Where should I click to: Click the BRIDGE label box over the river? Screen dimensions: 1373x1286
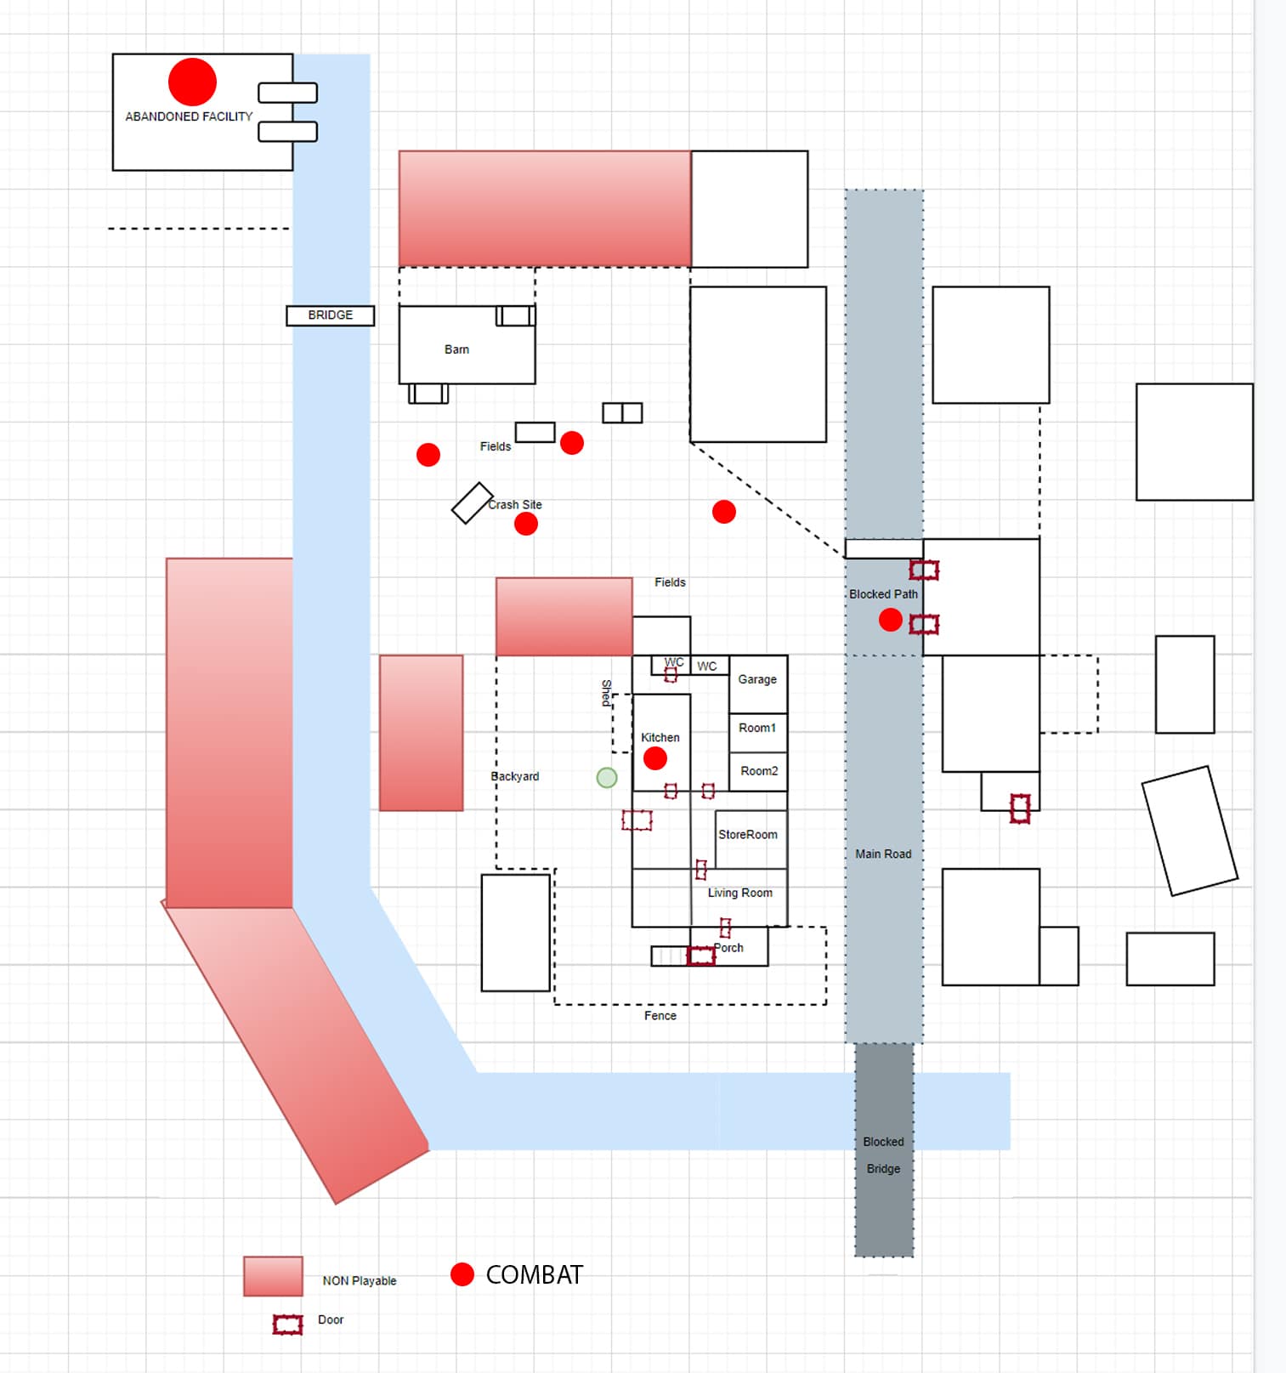coord(330,315)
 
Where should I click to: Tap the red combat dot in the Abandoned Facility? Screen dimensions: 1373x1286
coord(192,82)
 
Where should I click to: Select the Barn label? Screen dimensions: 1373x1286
coord(456,349)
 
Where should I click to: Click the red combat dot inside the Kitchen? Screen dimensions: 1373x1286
coord(654,758)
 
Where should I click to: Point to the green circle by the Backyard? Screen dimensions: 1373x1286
coord(607,777)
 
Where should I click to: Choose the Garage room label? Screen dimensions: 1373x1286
coord(757,679)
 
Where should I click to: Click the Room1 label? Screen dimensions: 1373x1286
coord(757,728)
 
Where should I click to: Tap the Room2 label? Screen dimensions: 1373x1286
coord(759,771)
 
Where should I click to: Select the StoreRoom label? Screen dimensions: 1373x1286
coord(748,835)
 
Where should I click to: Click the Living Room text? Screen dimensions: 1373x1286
coord(740,893)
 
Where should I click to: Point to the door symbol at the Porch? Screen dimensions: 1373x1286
coord(701,956)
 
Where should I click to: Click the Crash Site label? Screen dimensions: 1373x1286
coord(515,504)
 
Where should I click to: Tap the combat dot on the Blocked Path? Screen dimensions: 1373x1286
coord(890,620)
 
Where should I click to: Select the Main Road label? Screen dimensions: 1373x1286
coord(883,854)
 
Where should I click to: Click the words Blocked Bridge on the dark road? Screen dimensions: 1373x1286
coord(883,1155)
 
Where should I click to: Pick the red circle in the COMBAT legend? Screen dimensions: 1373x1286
coord(462,1274)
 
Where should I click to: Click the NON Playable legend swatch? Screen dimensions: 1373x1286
coord(273,1276)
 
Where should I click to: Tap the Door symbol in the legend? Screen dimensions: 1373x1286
coord(287,1325)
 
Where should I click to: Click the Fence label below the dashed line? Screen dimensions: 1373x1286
coord(660,1016)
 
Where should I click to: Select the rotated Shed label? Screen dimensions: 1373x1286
coord(607,692)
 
